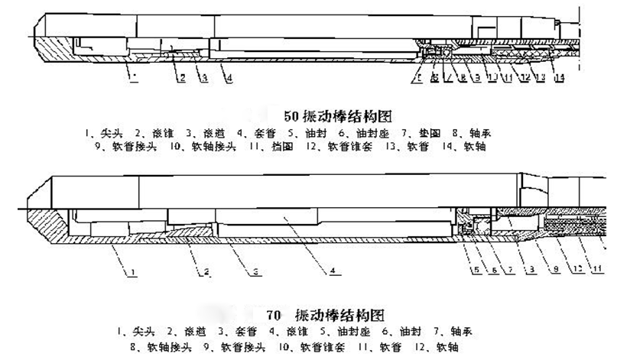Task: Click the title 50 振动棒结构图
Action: point(327,116)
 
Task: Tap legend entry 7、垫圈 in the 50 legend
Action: point(411,132)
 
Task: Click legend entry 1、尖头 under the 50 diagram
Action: point(97,132)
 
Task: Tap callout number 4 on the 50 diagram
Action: point(229,77)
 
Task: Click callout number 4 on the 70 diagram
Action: point(333,270)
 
